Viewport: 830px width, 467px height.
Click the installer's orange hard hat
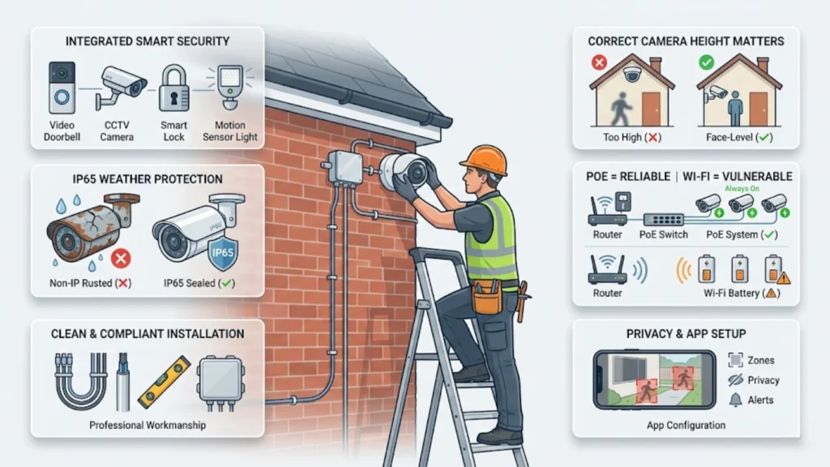[x=484, y=159]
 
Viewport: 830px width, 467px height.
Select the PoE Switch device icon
[x=663, y=218]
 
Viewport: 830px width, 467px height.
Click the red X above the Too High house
[x=600, y=61]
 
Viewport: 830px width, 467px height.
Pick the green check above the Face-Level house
[x=707, y=61]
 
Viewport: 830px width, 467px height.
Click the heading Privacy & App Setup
[x=686, y=333]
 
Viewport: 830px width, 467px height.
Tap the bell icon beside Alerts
[x=735, y=400]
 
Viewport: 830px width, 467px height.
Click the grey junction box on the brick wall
[x=345, y=167]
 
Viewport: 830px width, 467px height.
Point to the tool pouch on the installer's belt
[x=486, y=298]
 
